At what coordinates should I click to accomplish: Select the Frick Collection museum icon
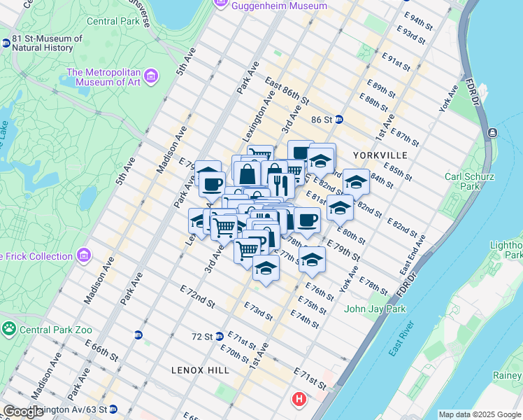85,256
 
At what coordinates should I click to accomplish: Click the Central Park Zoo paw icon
9,328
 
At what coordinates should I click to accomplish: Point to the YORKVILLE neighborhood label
380,154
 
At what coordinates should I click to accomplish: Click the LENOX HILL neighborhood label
199,369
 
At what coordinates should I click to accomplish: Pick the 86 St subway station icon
338,120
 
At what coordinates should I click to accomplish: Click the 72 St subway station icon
220,337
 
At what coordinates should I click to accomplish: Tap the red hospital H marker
299,399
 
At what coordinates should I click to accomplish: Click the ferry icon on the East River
493,132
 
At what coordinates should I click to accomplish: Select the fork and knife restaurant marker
279,184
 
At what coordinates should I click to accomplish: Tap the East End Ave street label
413,254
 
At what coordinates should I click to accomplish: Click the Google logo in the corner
23,412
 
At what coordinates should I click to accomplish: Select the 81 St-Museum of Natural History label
47,43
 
